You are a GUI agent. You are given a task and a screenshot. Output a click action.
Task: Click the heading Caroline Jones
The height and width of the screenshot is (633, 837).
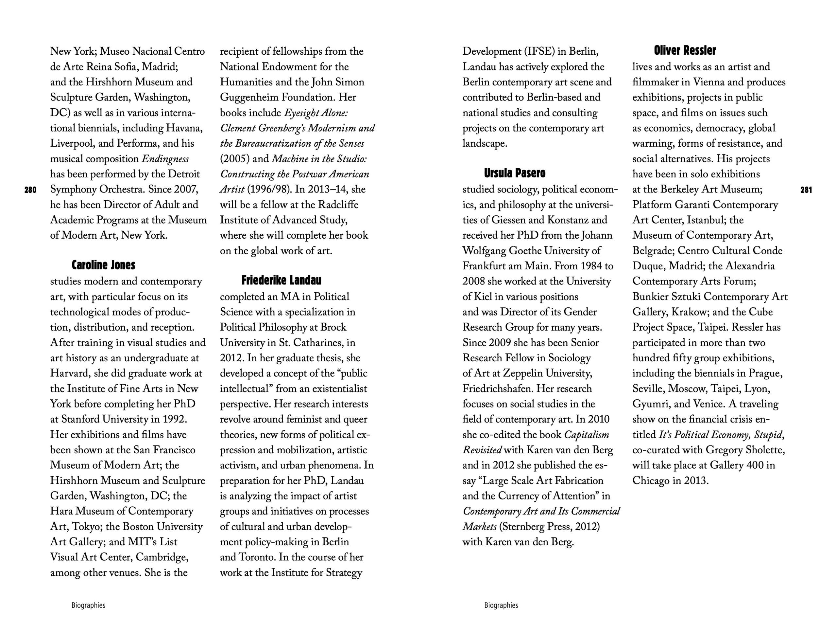[103, 265]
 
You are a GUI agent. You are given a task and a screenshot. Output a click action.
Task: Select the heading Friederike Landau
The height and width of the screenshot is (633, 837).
[281, 280]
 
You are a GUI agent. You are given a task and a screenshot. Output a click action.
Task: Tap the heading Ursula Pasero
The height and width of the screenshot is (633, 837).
[515, 173]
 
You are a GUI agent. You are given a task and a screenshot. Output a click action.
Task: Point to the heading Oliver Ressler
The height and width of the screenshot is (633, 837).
[685, 50]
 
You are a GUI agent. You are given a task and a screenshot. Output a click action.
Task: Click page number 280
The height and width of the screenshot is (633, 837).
[30, 190]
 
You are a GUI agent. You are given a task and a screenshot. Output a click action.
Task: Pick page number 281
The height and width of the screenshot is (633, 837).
[806, 190]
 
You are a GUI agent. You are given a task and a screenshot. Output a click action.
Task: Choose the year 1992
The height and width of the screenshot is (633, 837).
[175, 419]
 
